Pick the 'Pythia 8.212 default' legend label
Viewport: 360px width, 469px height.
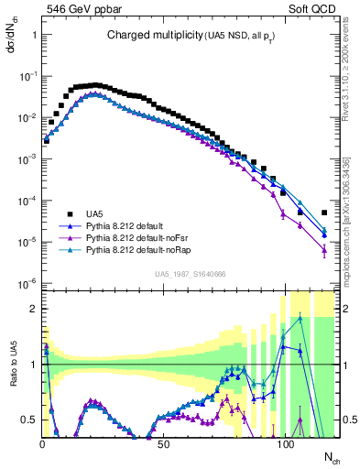[x=129, y=224]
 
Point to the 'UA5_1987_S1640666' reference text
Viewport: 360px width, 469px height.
[x=191, y=274]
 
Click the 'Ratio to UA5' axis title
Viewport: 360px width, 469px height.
[x=11, y=379]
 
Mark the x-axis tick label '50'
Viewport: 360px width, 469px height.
[x=164, y=444]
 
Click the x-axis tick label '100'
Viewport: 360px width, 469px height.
[x=286, y=444]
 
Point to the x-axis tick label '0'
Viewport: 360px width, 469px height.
[x=42, y=444]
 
